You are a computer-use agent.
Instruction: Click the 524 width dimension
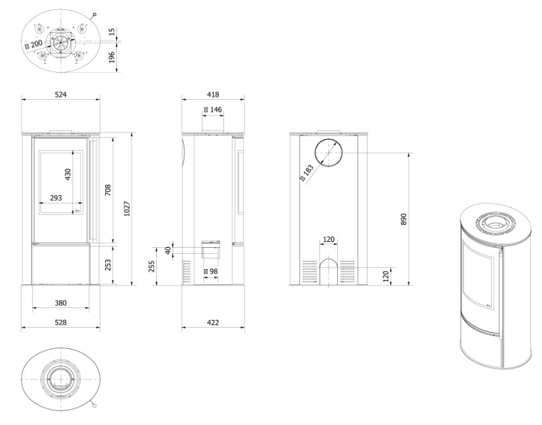(61, 95)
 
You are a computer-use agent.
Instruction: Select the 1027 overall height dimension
(127, 209)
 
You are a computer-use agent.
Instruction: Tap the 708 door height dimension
(108, 190)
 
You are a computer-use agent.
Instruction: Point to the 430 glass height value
(67, 174)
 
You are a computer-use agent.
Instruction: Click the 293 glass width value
(56, 198)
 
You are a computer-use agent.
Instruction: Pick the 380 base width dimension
(61, 303)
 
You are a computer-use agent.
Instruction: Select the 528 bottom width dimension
(61, 323)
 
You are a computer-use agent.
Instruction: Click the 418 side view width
(213, 95)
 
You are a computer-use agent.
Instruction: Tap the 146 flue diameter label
(213, 110)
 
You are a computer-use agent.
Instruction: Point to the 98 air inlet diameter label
(211, 271)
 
